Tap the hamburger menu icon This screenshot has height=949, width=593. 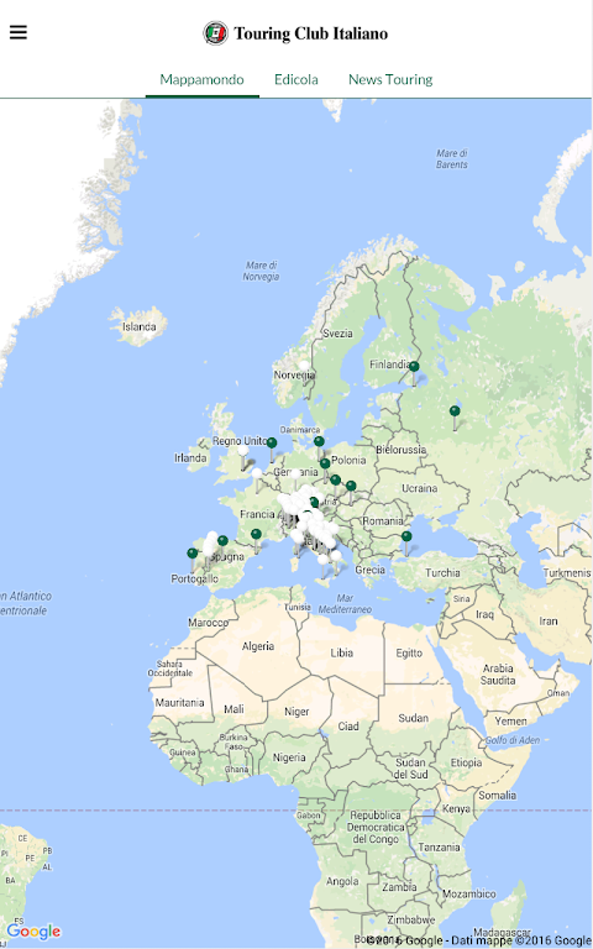coord(19,32)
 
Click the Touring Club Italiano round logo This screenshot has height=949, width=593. coord(215,33)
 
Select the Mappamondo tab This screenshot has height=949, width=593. coord(202,80)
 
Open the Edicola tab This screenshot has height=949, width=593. coord(296,80)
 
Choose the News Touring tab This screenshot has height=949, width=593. coord(390,80)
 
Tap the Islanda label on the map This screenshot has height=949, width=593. coord(139,327)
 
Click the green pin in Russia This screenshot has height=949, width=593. coord(455,412)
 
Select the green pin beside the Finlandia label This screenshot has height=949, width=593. coord(414,367)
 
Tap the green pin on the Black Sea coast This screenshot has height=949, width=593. coord(406,537)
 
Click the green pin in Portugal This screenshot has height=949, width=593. coord(192,553)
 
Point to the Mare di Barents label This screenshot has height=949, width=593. coord(452,159)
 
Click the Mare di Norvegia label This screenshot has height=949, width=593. coord(261,271)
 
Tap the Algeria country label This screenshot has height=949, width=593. coord(258,646)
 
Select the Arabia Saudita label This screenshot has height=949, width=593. coord(498,674)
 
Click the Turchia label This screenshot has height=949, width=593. coord(442,573)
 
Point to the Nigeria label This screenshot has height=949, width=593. coord(289,757)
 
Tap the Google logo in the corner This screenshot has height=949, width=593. coord(34,931)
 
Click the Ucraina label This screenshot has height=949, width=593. coord(419,488)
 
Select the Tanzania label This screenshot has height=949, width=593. coord(439,847)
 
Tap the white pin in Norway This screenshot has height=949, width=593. coord(303,366)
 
